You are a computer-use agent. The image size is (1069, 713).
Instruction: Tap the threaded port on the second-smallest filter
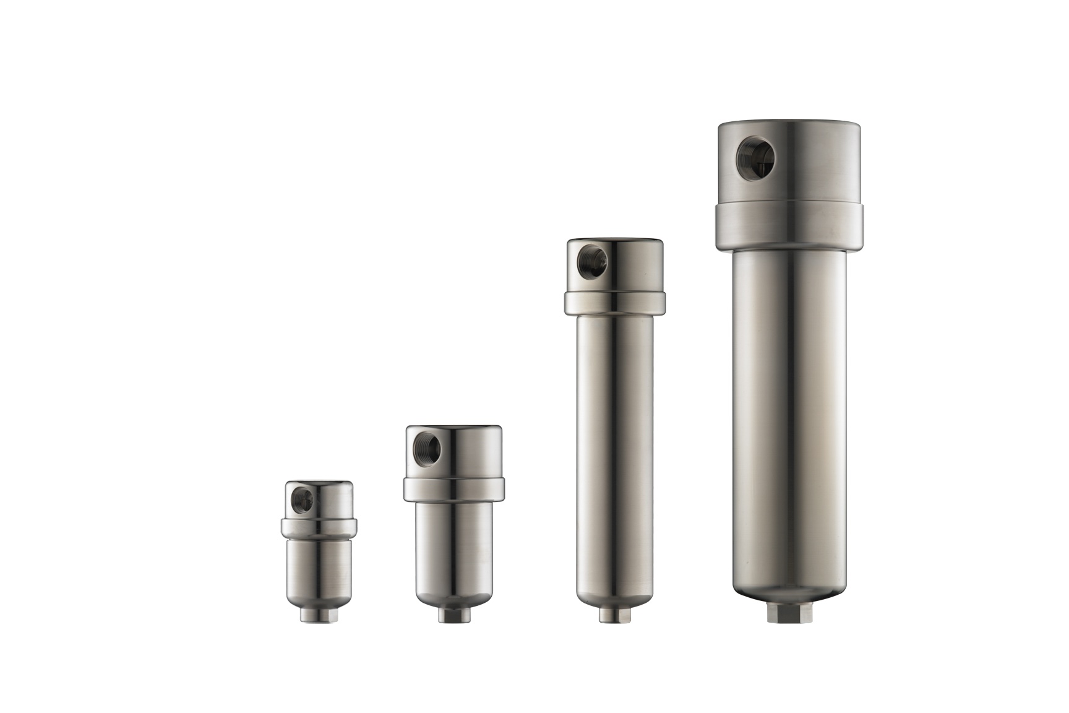point(428,445)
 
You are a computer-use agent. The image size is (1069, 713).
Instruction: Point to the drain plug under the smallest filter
point(316,616)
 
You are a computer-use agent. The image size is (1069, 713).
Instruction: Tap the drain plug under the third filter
point(614,615)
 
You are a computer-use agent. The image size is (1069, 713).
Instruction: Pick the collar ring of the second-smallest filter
point(454,489)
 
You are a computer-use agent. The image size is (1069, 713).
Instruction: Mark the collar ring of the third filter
point(615,302)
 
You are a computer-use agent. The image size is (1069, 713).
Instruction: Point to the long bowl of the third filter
point(615,446)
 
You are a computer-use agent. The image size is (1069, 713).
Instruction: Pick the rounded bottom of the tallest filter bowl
point(788,591)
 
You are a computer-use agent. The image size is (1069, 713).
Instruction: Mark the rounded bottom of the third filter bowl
point(615,597)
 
